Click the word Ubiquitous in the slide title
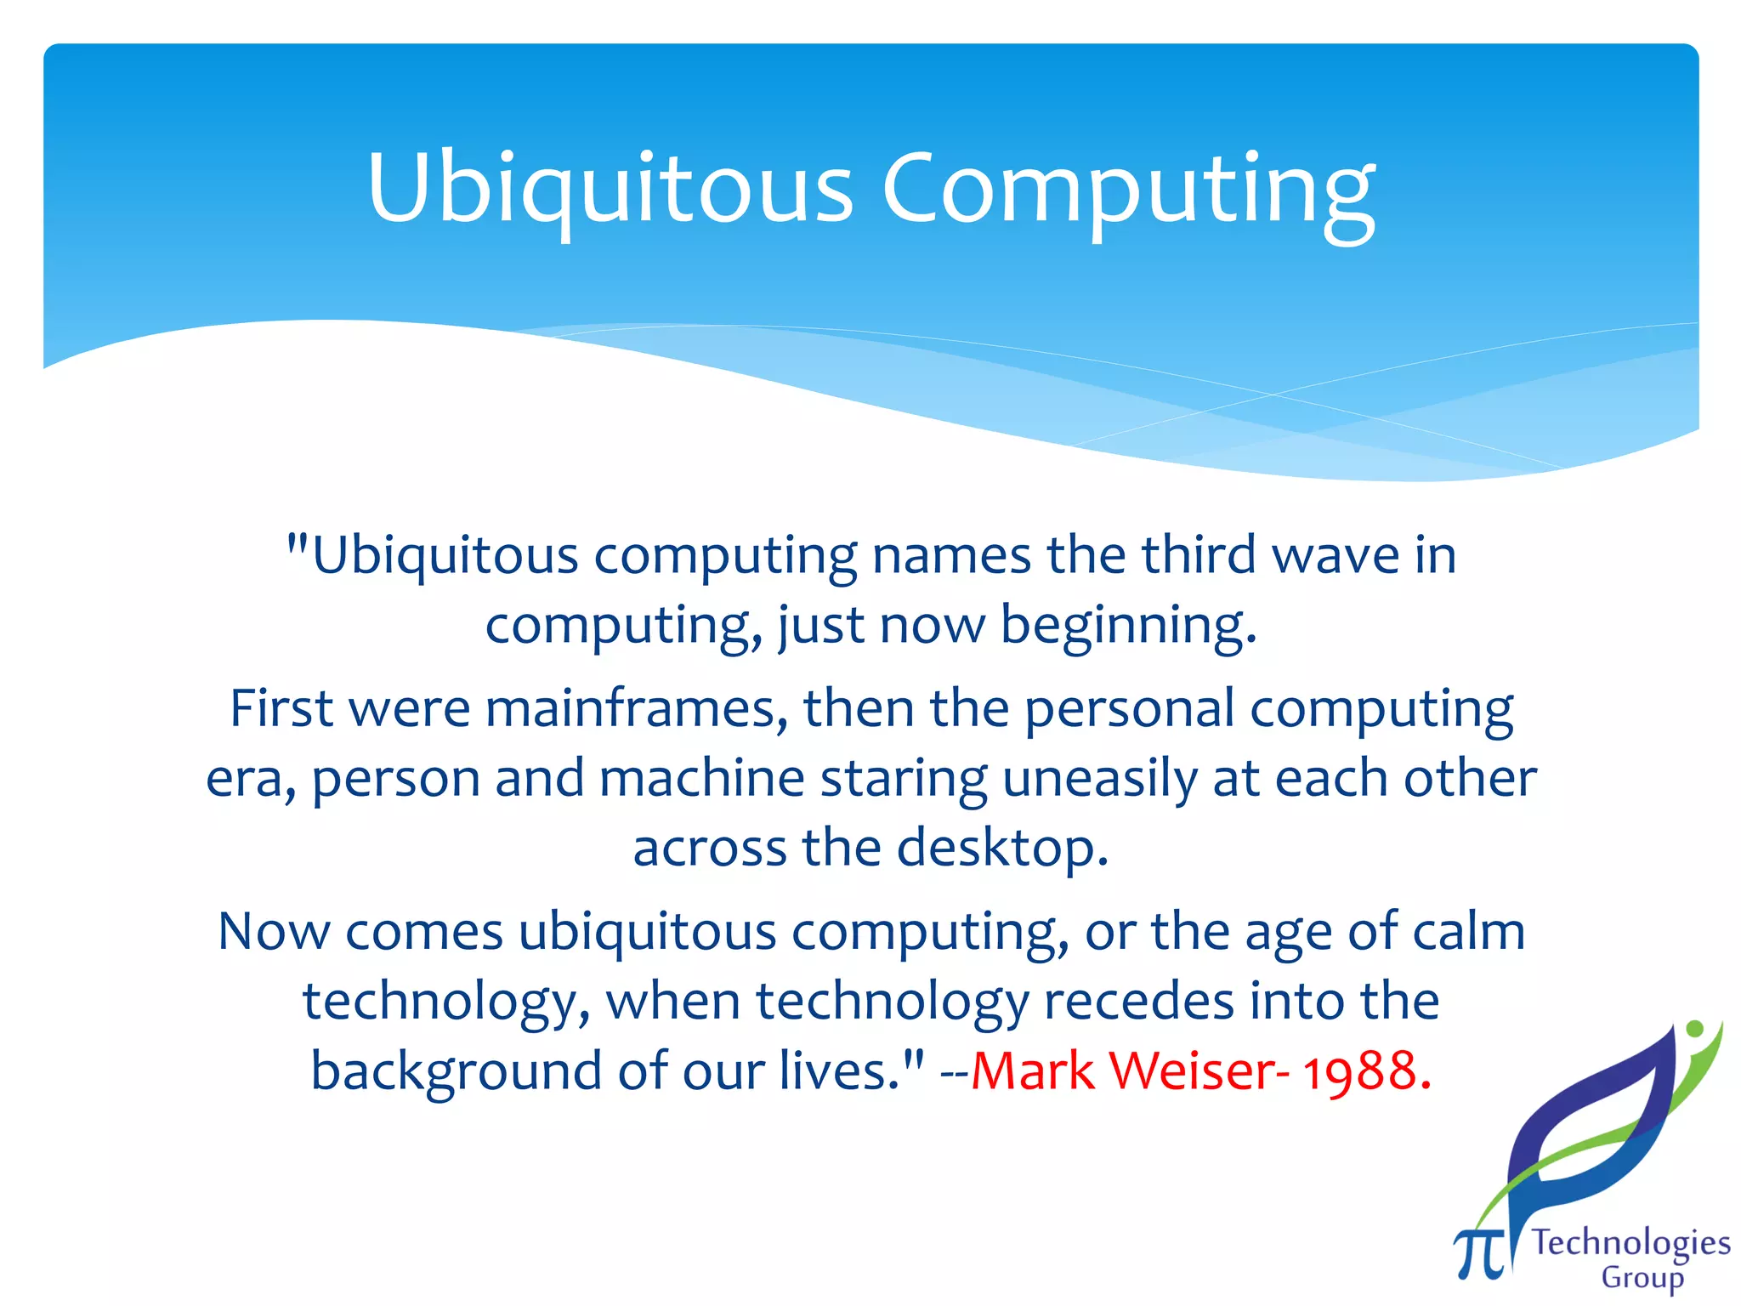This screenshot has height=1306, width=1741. tap(609, 189)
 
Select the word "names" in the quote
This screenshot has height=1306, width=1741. tap(951, 556)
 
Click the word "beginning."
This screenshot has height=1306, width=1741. tap(1128, 626)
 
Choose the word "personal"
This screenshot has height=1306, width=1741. tap(1129, 708)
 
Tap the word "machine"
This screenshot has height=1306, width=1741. tap(701, 778)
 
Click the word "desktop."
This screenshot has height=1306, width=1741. tap(1002, 848)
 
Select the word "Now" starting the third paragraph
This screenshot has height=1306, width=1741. tap(274, 931)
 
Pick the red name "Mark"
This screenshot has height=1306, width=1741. tap(1033, 1070)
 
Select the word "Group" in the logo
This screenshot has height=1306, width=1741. tap(1642, 1278)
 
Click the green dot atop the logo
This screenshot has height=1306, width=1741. tap(1694, 1029)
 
